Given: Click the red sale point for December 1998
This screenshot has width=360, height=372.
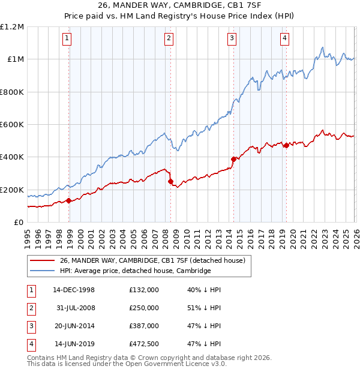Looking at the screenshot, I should [69, 201].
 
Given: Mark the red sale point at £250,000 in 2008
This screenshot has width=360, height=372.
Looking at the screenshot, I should [171, 181].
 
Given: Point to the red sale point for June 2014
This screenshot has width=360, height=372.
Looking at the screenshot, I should [233, 159].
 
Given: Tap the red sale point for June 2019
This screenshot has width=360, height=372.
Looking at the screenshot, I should [286, 145].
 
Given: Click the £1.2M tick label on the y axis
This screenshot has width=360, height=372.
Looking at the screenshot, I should [12, 27].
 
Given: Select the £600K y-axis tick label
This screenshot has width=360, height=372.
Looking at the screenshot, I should [12, 125].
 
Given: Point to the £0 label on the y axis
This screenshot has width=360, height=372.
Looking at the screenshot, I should [19, 223].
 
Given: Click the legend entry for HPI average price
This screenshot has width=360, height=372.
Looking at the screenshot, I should [135, 271].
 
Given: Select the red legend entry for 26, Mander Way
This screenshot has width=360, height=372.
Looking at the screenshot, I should [152, 261].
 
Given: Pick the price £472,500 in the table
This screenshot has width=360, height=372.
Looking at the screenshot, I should [144, 343].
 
